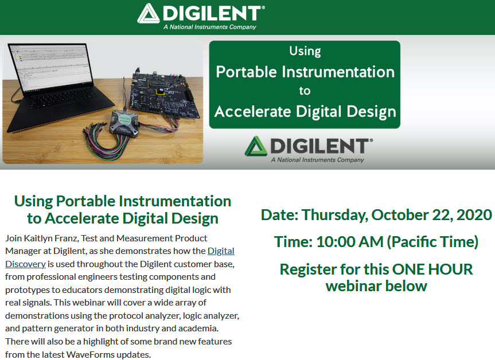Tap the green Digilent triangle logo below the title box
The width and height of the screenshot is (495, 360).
tap(256, 146)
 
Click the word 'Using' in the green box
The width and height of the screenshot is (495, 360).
tap(305, 51)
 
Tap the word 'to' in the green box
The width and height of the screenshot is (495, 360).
tap(305, 91)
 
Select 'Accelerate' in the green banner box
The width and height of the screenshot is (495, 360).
tap(252, 111)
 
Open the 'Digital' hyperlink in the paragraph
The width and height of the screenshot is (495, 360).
tap(221, 251)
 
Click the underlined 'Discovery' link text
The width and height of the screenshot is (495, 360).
tap(26, 264)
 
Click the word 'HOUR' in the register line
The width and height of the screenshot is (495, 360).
tap(451, 269)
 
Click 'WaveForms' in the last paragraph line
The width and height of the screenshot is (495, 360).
tap(91, 355)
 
